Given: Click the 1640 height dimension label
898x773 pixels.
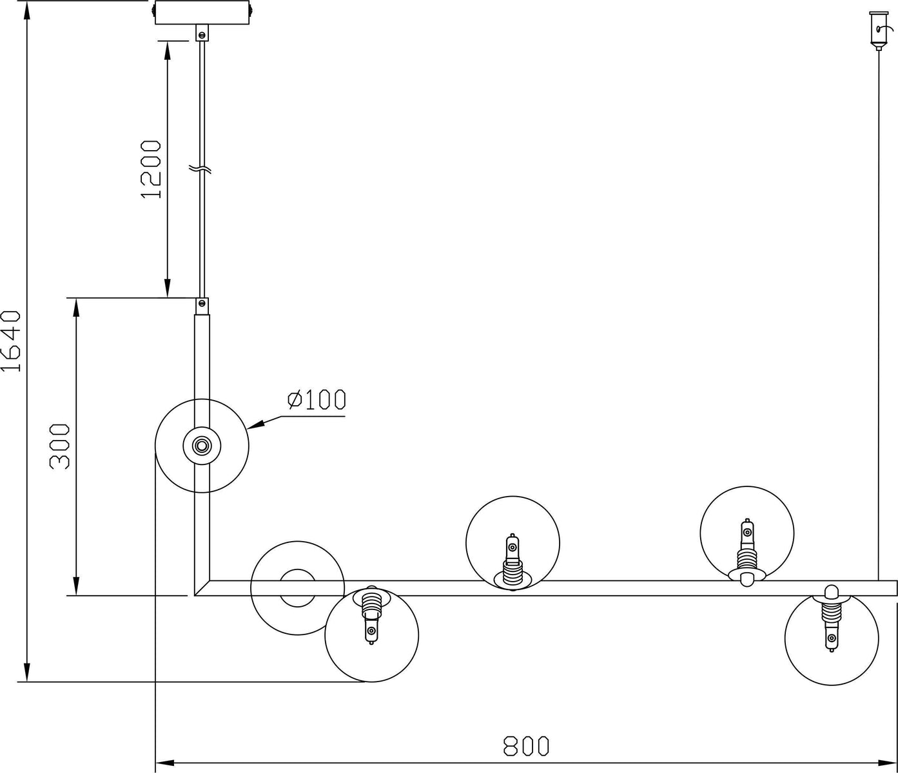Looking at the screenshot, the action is (x=11, y=341).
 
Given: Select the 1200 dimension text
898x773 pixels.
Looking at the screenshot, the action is (x=151, y=169).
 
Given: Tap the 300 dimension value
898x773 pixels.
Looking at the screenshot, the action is (x=59, y=446).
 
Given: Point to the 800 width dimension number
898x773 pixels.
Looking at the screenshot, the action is (x=526, y=746).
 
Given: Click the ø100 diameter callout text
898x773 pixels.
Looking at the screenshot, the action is (x=317, y=400).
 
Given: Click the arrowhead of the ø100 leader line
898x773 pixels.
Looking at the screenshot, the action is (x=256, y=424).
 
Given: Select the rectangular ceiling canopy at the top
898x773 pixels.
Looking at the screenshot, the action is (x=202, y=13).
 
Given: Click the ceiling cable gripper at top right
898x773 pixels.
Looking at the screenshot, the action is (x=879, y=30).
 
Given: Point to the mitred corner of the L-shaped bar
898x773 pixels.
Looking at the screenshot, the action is (x=202, y=588).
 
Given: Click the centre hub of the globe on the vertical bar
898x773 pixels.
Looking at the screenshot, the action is (x=202, y=445).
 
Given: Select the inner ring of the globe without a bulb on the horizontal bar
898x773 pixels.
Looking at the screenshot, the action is (x=298, y=588).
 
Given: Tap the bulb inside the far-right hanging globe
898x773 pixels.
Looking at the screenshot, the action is (x=831, y=625).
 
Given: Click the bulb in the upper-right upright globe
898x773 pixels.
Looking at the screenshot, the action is (x=747, y=553).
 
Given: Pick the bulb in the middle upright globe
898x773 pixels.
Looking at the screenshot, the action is (x=512, y=562).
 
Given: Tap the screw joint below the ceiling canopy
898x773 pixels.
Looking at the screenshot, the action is (x=202, y=33).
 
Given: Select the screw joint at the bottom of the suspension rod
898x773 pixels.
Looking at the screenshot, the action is (x=202, y=307).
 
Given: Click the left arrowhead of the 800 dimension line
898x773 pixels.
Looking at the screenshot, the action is (x=165, y=763).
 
